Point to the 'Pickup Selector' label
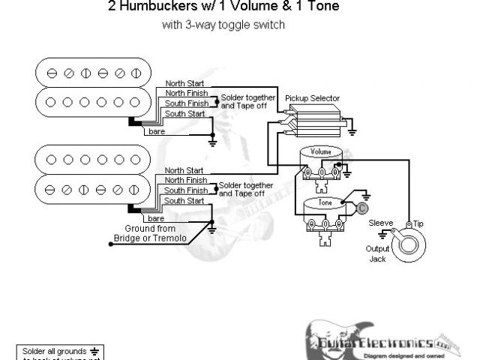(313, 98)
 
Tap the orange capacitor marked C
(361, 208)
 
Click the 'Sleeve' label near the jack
(382, 223)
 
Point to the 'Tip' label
(418, 223)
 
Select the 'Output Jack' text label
(379, 253)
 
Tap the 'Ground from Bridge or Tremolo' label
(145, 232)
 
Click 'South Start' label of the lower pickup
(184, 200)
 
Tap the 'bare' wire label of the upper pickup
(157, 132)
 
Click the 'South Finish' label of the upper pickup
(187, 103)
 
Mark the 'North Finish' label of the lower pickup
(185, 180)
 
